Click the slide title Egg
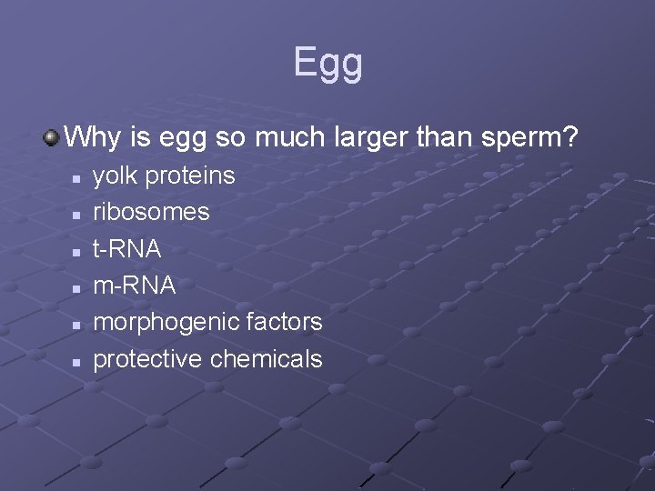point(327,63)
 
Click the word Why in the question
point(88,138)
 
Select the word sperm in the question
point(521,138)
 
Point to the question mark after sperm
point(569,138)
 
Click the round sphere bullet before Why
point(51,138)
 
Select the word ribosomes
point(151,212)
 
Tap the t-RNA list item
point(128,249)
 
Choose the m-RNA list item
point(135,286)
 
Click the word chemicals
point(266,359)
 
